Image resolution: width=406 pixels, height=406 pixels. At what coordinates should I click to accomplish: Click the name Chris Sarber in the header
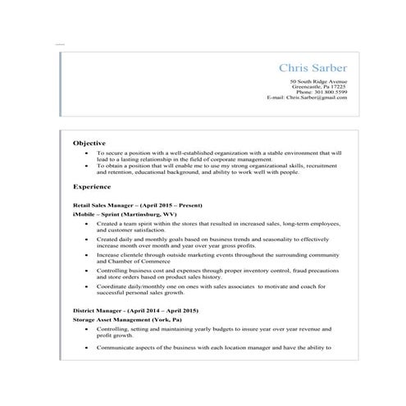click(x=312, y=67)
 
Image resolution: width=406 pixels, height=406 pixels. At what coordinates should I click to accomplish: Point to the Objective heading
click(x=89, y=142)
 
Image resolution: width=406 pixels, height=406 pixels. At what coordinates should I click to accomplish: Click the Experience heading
click(x=92, y=186)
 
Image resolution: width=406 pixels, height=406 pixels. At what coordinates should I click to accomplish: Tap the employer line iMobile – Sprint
click(x=91, y=213)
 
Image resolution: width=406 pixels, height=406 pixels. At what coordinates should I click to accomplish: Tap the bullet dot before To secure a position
click(x=87, y=153)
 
